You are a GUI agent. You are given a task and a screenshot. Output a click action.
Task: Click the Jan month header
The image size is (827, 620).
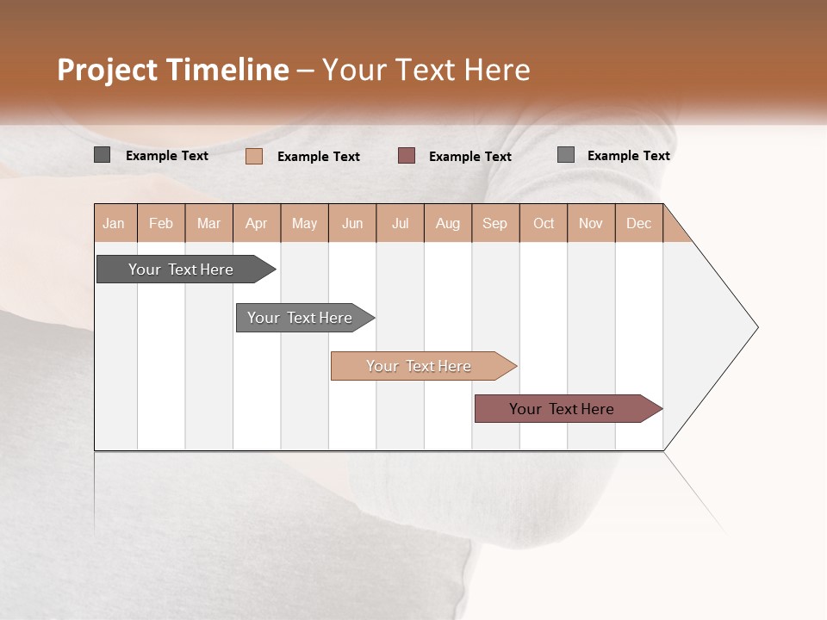pyautogui.click(x=115, y=223)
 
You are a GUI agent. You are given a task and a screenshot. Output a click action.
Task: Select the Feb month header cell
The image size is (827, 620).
pyautogui.click(x=161, y=223)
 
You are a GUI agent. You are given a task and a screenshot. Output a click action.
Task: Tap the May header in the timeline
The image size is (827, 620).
pyautogui.click(x=304, y=223)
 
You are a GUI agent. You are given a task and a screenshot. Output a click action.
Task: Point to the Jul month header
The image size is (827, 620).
pyautogui.click(x=400, y=223)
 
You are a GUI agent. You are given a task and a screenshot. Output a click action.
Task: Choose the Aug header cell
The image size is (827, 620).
pyautogui.click(x=447, y=223)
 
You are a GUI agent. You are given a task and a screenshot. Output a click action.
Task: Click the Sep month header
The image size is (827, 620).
pyautogui.click(x=494, y=223)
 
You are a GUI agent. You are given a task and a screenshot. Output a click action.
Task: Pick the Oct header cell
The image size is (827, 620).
pyautogui.click(x=544, y=223)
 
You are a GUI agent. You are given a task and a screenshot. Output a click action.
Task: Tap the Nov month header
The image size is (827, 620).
pyautogui.click(x=591, y=223)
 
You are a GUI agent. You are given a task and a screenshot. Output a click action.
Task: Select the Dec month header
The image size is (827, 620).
pyautogui.click(x=638, y=223)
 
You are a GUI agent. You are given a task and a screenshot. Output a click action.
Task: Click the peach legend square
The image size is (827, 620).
pyautogui.click(x=254, y=156)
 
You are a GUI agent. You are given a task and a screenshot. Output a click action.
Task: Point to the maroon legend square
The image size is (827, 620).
pyautogui.click(x=407, y=156)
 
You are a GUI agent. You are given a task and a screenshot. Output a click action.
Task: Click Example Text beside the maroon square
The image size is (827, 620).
pyautogui.click(x=469, y=157)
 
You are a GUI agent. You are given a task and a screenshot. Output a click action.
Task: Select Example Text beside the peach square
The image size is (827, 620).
pyautogui.click(x=318, y=157)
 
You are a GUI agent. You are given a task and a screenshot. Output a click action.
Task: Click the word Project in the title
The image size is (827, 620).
pyautogui.click(x=107, y=70)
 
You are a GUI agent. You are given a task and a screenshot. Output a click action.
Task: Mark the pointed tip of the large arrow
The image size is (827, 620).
pyautogui.click(x=756, y=327)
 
